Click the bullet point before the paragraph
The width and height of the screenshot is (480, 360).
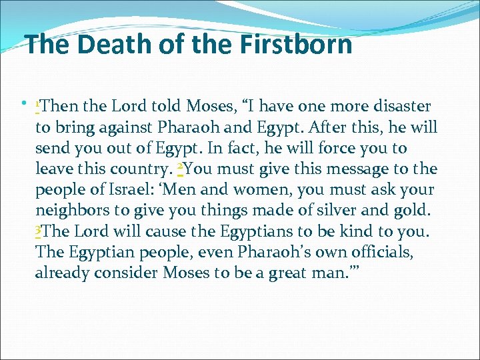click(x=25, y=103)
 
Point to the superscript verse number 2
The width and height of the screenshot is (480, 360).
click(x=181, y=166)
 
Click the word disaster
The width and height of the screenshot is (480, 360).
click(x=398, y=106)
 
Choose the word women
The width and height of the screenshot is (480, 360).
click(x=254, y=189)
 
